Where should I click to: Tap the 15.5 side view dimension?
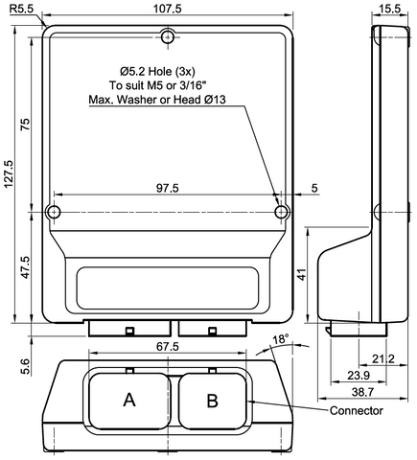(x=389, y=8)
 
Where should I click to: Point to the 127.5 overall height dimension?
(x=9, y=174)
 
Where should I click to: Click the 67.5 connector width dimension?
(x=169, y=346)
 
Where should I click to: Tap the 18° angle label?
(x=280, y=340)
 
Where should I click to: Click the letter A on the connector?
(x=129, y=400)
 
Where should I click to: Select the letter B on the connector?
(x=212, y=400)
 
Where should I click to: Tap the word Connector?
(x=357, y=411)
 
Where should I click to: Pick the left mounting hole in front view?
(x=54, y=212)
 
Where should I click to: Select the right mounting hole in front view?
(x=281, y=212)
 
